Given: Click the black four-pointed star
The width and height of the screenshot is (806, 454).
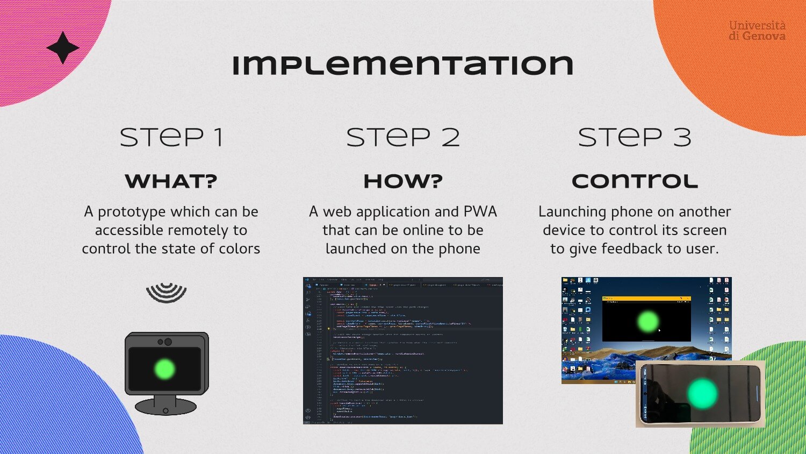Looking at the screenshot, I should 63,48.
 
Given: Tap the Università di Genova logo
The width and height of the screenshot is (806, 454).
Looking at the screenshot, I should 757,31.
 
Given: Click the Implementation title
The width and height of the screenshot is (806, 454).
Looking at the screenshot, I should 402,65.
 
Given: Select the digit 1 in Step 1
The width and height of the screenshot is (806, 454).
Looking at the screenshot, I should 218,138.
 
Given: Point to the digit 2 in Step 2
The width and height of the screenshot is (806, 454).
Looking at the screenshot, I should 450,138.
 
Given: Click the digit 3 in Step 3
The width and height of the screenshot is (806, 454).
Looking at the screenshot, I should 682,138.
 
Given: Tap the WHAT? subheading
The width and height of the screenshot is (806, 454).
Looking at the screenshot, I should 171,181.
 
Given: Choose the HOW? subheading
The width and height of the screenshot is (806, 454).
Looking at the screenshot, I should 403,181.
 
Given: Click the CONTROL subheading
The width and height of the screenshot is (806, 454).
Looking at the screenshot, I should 635,181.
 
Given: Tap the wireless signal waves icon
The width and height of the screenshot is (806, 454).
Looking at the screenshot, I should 167,293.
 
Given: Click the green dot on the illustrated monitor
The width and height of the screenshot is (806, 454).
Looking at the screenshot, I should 164,369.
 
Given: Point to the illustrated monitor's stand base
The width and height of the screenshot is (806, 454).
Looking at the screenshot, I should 165,407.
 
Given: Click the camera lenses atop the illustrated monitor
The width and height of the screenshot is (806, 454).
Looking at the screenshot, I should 165,342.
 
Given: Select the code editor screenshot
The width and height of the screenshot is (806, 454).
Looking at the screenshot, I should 402,350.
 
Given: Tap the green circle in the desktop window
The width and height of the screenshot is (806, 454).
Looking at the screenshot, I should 647,322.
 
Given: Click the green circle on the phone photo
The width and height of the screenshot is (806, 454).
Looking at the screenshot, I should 702,393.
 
